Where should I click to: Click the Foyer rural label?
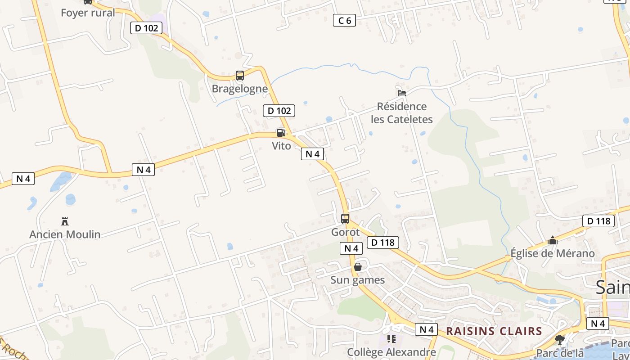point(88,13)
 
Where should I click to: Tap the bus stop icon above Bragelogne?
point(240,76)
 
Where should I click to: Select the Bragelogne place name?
point(240,89)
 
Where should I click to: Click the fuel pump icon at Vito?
point(281,132)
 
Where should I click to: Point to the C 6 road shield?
point(344,20)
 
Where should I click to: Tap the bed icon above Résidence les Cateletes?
point(402,93)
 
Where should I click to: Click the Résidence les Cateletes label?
point(402,112)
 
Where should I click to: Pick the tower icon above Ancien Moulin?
point(65,221)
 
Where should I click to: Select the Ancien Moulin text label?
point(65,234)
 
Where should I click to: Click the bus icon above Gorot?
point(345,219)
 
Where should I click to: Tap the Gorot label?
point(345,232)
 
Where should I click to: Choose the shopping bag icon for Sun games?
point(358,267)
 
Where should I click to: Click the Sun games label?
point(358,280)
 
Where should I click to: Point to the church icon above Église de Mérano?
point(553,241)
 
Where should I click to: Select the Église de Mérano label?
point(553,253)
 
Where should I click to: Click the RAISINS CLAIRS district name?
point(494,332)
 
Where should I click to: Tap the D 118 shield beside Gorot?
point(383,243)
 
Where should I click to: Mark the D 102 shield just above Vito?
point(279,111)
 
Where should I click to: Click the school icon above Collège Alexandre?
point(391,338)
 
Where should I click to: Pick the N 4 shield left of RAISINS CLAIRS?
point(426,329)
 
